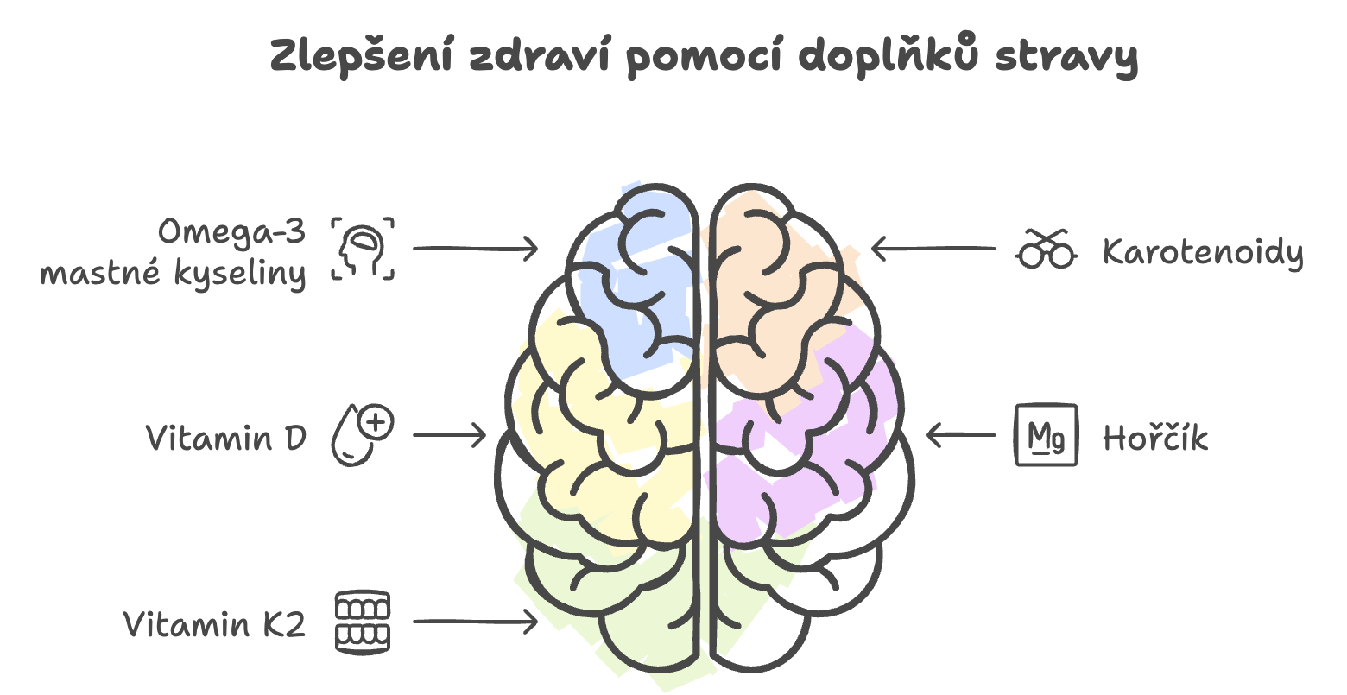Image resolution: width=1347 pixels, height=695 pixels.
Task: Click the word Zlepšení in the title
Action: (362, 56)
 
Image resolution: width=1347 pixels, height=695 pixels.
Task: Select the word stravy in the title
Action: (1066, 58)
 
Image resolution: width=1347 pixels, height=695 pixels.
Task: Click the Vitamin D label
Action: (226, 437)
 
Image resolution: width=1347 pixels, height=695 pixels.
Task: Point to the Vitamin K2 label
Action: (215, 623)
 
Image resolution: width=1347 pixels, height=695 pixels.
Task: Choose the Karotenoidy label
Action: (1204, 252)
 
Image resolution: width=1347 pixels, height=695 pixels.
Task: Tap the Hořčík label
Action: (1155, 437)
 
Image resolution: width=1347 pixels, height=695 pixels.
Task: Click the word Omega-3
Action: (232, 232)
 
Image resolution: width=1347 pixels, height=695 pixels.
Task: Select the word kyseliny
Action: (240, 274)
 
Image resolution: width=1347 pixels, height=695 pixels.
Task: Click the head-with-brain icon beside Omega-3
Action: (363, 249)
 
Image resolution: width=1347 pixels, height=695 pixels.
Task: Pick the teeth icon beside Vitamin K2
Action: (363, 622)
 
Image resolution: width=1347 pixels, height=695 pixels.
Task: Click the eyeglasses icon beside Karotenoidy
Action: (1047, 249)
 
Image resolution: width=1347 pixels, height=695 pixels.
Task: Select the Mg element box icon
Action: (1047, 434)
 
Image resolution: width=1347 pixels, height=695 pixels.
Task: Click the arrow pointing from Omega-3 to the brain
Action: (475, 249)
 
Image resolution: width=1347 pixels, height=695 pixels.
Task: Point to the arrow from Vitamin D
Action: (449, 434)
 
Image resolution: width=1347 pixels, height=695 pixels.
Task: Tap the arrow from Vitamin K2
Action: (475, 622)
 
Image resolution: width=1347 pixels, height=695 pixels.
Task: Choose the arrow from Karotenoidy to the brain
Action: (934, 249)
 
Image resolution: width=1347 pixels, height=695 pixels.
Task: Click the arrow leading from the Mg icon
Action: (962, 434)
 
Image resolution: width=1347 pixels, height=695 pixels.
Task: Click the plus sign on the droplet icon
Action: (376, 422)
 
